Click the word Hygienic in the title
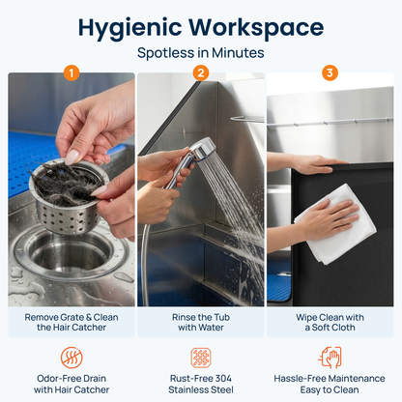point(129,28)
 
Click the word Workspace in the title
point(256,27)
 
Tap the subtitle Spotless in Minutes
point(201,53)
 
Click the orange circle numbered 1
point(72,73)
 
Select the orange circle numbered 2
point(201,73)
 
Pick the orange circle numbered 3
point(330,73)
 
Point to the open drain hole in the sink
point(70,254)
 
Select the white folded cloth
point(336,225)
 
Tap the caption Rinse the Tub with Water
point(201,322)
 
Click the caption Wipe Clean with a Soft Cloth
point(330,322)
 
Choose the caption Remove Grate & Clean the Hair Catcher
point(72,322)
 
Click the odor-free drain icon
point(72,358)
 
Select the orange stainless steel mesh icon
point(201,358)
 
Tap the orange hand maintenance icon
point(330,358)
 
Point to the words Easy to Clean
point(330,389)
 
